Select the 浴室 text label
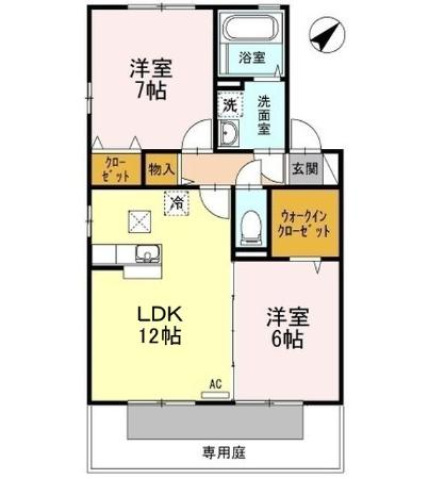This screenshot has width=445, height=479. pos(251,59)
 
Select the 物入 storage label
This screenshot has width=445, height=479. pos(161,170)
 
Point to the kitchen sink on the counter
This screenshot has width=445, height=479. pos(143,254)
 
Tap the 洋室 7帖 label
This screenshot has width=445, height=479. pos(149,78)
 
